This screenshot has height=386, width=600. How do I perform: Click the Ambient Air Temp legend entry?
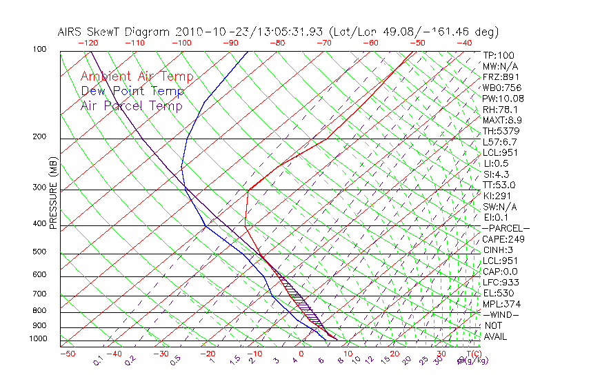(137, 77)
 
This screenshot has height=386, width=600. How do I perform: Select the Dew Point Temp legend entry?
(132, 91)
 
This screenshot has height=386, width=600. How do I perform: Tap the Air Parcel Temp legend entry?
(131, 105)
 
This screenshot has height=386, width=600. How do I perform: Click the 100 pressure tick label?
(40, 50)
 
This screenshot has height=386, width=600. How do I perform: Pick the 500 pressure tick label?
(40, 252)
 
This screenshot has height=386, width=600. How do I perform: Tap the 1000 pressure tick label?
(38, 339)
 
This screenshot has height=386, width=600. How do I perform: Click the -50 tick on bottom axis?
(67, 354)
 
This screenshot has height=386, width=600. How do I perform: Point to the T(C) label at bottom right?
(467, 354)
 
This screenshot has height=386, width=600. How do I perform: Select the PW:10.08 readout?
(503, 99)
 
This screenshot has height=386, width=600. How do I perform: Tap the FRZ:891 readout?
(501, 77)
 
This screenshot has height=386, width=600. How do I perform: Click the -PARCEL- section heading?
(506, 228)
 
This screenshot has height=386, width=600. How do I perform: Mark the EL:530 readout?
(499, 293)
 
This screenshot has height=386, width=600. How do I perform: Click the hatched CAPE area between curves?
(303, 303)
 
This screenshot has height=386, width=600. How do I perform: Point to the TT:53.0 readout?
(499, 185)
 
